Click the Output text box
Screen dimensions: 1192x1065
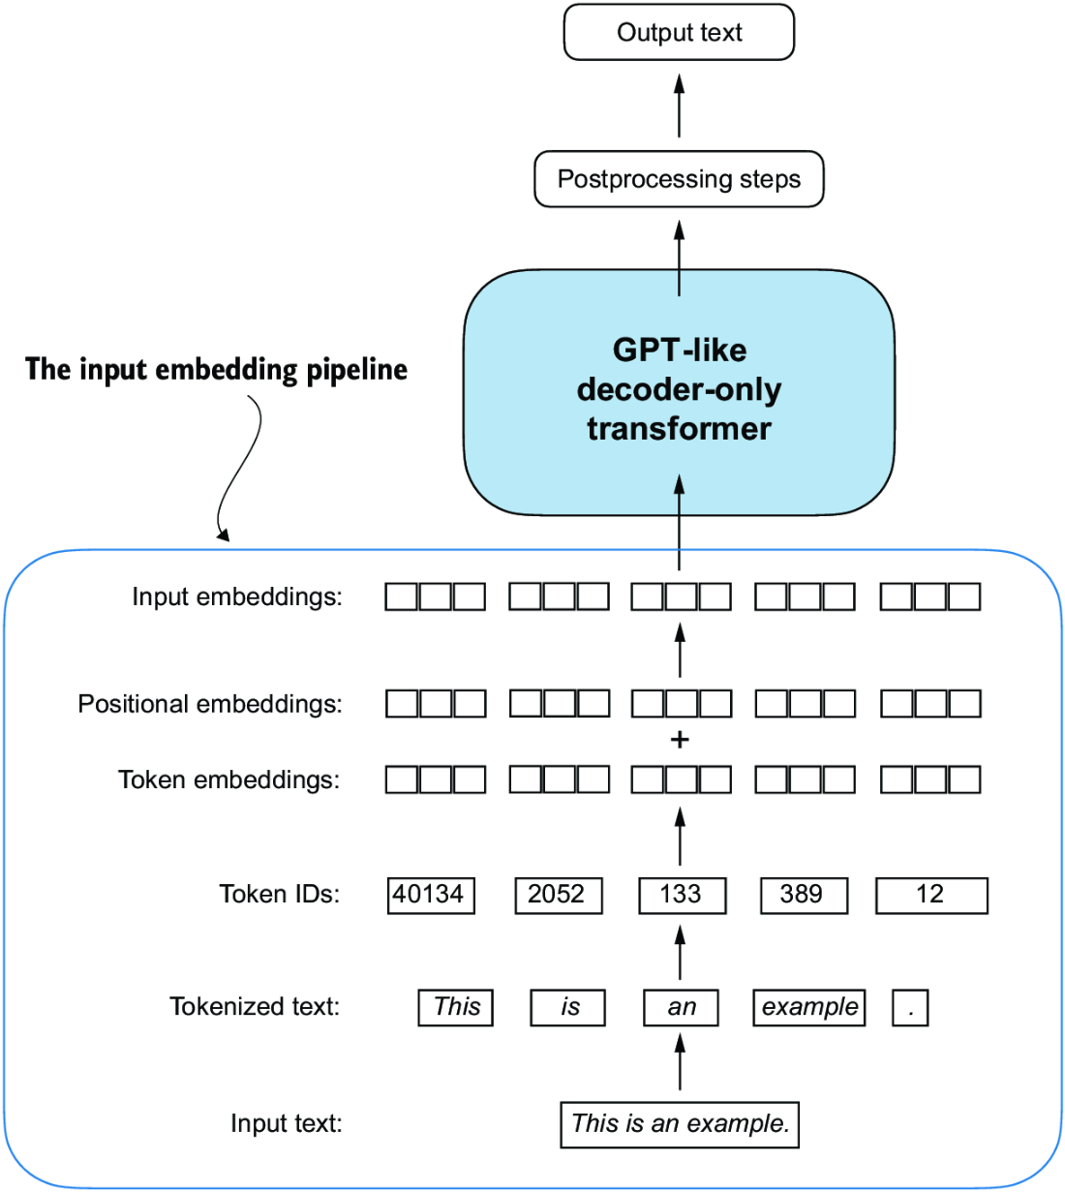(x=679, y=33)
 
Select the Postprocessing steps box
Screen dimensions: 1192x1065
(x=679, y=179)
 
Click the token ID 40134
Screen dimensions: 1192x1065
(x=430, y=895)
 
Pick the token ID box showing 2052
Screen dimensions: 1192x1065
(x=558, y=895)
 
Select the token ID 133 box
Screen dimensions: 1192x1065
(x=682, y=895)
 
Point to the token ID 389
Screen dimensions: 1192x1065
(x=803, y=895)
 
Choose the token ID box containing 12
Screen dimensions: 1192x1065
(x=930, y=895)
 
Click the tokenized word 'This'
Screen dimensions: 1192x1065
(x=456, y=1007)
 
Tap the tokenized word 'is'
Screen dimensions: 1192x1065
(x=568, y=1007)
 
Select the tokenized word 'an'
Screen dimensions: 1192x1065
(x=681, y=1007)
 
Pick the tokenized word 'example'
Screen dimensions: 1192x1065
(x=808, y=1007)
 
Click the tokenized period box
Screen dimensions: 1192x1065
(x=910, y=1007)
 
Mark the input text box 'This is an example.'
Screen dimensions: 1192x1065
(x=680, y=1124)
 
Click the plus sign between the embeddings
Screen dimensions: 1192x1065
(x=680, y=741)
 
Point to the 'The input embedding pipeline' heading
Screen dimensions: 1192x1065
(x=216, y=370)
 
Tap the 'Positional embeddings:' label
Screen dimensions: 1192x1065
(x=210, y=704)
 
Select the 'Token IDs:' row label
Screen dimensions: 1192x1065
(x=279, y=894)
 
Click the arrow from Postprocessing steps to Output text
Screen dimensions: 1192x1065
(x=680, y=106)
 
